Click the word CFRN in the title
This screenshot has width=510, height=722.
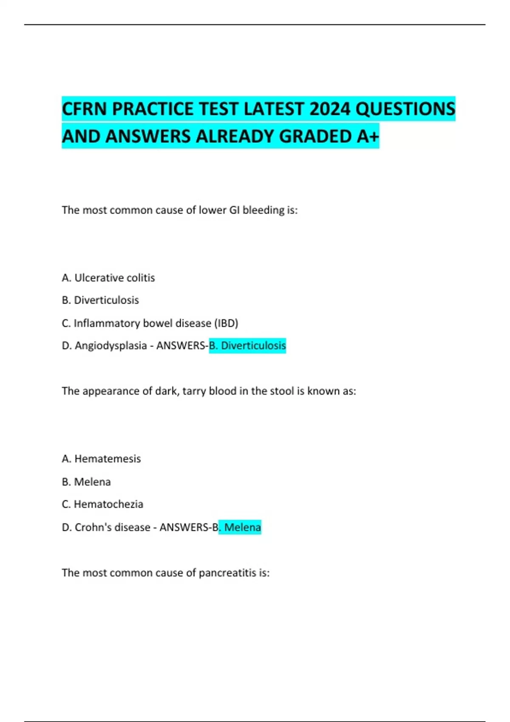[84, 109]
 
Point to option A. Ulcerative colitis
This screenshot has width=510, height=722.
[108, 278]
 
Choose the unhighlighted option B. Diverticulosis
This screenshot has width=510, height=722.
[100, 300]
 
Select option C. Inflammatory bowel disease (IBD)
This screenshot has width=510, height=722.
[150, 323]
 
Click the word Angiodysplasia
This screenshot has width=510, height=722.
[110, 346]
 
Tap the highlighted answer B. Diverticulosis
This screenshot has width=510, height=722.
[247, 346]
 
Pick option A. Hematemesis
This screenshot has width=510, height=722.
[101, 459]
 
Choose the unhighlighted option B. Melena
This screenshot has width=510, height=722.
[86, 482]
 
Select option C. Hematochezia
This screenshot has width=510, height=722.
[102, 504]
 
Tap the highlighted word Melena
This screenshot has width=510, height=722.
[242, 527]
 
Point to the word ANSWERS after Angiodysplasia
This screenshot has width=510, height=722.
[181, 346]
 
